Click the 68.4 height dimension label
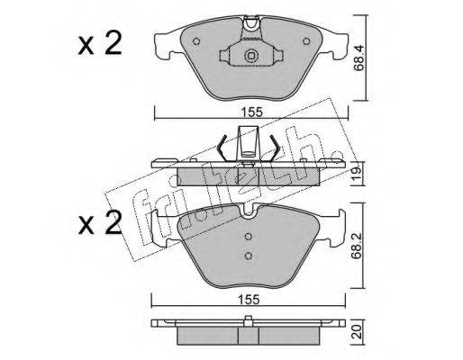pyautogui.click(x=359, y=58)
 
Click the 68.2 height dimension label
pyautogui.click(x=357, y=246)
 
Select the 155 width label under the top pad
pyautogui.click(x=251, y=112)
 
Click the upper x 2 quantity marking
pyautogui.click(x=100, y=44)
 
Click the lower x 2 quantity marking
pyautogui.click(x=100, y=222)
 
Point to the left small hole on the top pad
pyautogui.click(x=196, y=41)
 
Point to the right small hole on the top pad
pyautogui.click(x=306, y=41)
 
